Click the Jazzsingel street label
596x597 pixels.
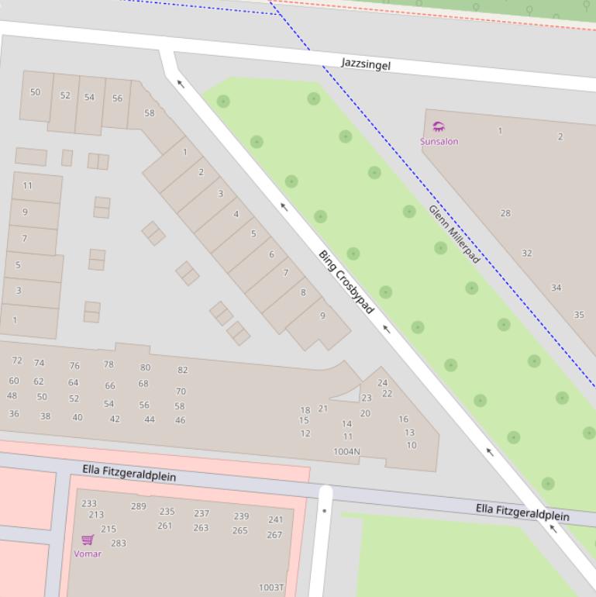coord(366,64)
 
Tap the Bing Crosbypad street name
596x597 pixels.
coord(346,282)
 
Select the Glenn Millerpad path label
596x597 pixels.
coord(454,234)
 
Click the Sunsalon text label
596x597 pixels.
coord(439,141)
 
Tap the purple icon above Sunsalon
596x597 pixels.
coord(439,127)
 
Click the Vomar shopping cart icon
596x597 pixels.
coord(88,540)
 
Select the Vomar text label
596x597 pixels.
coord(88,554)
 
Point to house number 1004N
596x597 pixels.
coord(346,451)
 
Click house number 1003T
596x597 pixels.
coord(271,588)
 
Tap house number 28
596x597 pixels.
coord(505,213)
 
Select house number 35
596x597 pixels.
coord(579,315)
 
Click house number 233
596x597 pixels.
coord(89,503)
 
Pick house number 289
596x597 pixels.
coord(138,506)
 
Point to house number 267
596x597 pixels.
coord(274,534)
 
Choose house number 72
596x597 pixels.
coord(17,361)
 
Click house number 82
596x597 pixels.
coord(183,370)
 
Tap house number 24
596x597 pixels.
coord(382,382)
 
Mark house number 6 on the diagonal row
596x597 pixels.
coord(271,254)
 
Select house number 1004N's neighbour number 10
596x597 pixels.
coord(411,445)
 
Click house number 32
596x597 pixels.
coord(527,254)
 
